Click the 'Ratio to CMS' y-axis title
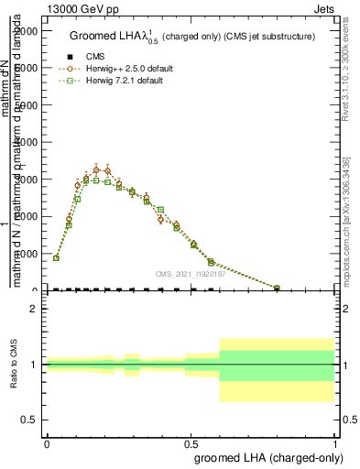[16, 365]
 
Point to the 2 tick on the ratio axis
[34, 310]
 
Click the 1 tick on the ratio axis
[34, 365]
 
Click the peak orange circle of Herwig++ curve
[96, 169]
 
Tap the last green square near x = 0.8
[277, 288]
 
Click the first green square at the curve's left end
[56, 258]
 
